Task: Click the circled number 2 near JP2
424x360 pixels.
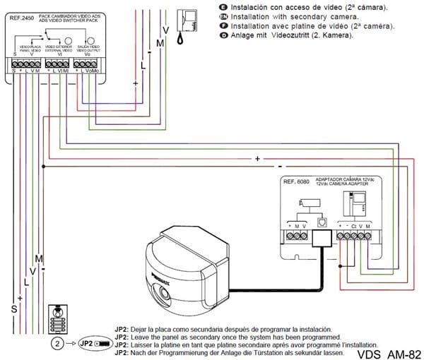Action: click(58, 343)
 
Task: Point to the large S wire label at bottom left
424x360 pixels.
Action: click(13, 308)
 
